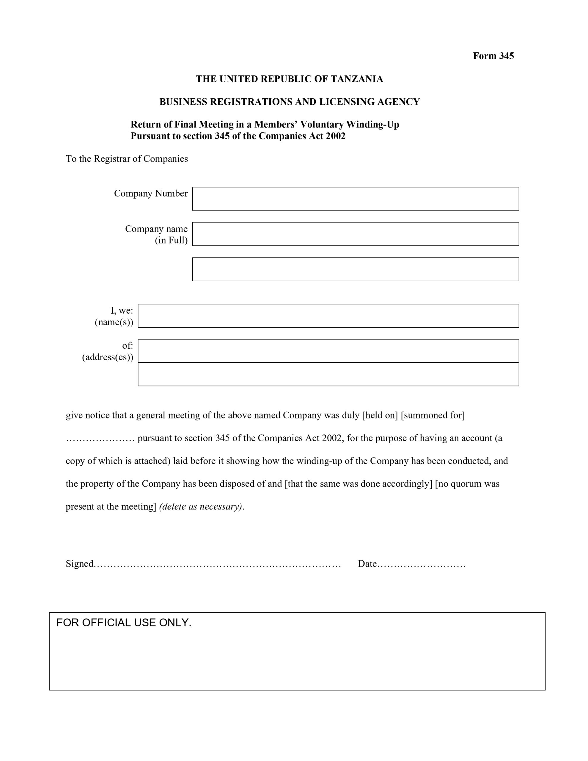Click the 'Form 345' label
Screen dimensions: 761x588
point(493,56)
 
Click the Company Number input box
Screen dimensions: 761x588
point(355,199)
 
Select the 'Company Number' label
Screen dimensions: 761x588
point(151,194)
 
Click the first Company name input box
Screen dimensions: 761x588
point(355,234)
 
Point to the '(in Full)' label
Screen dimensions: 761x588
point(171,240)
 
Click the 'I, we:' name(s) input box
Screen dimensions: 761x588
point(328,316)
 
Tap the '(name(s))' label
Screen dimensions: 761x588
point(114,322)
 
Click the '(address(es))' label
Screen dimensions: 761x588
point(108,357)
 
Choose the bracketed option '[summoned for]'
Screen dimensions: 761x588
point(433,415)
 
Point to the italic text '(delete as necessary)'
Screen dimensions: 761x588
point(200,507)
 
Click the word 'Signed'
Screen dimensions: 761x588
point(79,564)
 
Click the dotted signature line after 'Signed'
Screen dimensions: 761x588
point(218,565)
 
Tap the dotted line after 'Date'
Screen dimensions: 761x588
point(421,565)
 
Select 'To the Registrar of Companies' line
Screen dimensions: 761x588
point(127,159)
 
